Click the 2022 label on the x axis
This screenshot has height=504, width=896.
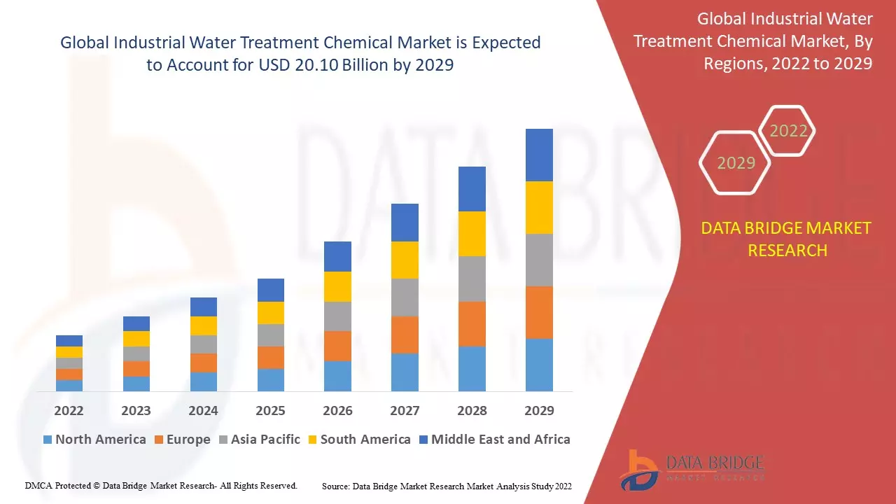(x=69, y=410)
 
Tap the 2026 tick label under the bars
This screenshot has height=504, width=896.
(x=337, y=410)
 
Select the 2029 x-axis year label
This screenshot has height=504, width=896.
(x=539, y=410)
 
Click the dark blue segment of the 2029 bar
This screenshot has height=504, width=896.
(x=539, y=155)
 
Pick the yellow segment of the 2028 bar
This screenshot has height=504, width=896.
(x=472, y=234)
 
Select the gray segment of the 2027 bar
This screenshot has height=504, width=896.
(x=405, y=297)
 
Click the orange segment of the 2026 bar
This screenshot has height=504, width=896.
(x=337, y=346)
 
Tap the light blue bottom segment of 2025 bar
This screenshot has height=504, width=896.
(x=270, y=379)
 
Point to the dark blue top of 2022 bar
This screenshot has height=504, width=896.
(x=69, y=341)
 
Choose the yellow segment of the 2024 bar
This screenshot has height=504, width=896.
(x=203, y=325)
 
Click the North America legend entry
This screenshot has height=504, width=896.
(x=94, y=440)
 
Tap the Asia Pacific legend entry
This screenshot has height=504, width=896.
(x=259, y=440)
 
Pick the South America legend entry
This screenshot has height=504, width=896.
(x=358, y=440)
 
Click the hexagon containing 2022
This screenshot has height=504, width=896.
(x=788, y=131)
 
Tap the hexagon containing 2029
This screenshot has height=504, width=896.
(x=736, y=163)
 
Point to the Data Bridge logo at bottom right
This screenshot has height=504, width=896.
(x=690, y=468)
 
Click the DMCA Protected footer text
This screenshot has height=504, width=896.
(x=161, y=485)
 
